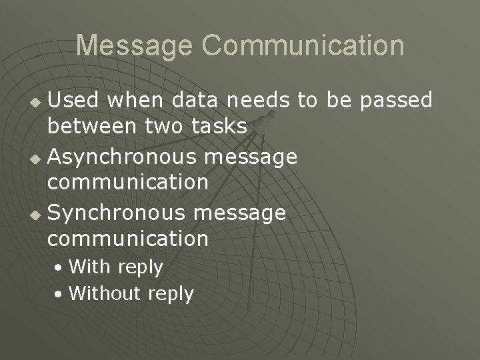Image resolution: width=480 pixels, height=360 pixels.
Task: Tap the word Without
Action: [x=105, y=293]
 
